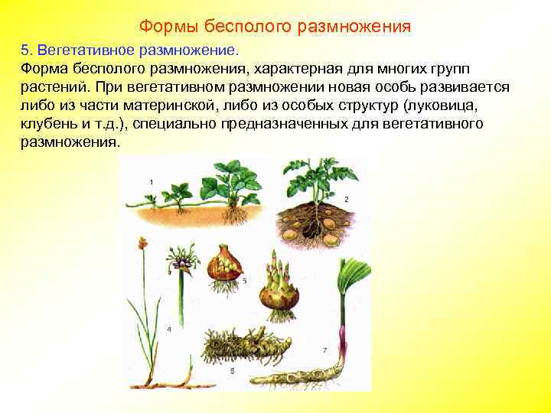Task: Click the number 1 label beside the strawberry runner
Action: click(152, 181)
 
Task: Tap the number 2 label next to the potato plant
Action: click(346, 199)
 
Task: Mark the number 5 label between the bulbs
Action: click(244, 281)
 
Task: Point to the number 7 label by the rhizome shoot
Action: click(324, 350)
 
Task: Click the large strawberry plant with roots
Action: click(230, 187)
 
